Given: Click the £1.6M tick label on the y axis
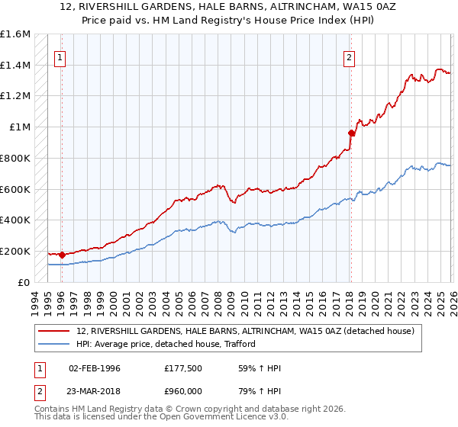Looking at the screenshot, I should [x=15, y=34].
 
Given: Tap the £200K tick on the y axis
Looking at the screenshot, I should [x=15, y=251].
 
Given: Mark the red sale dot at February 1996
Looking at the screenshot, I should [x=61, y=255].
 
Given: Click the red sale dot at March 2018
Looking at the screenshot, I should [x=351, y=133].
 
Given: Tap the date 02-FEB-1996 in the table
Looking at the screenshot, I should [x=94, y=368].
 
